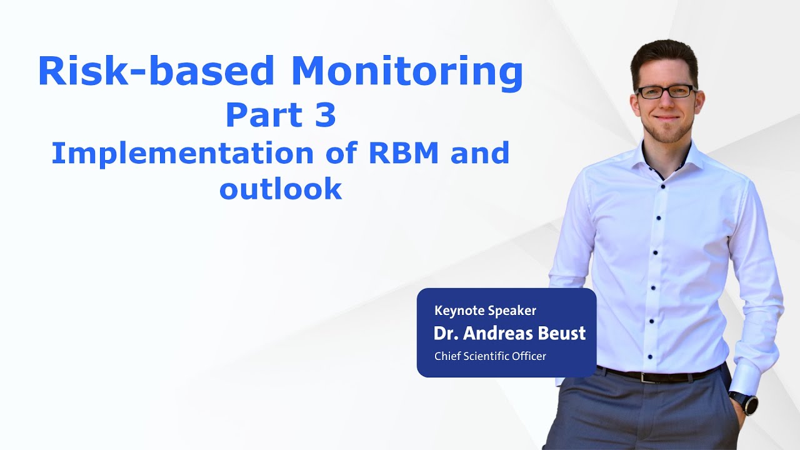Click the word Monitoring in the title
406,72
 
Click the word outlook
281,189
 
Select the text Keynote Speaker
485,310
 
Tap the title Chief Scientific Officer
490,356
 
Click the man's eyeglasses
664,92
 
